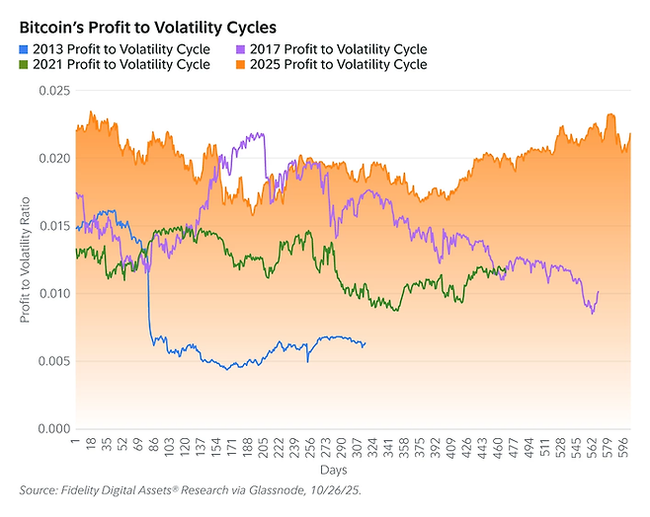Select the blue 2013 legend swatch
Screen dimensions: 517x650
coord(25,49)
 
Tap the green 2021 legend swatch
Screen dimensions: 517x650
coord(25,65)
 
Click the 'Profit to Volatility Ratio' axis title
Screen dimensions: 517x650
coord(25,259)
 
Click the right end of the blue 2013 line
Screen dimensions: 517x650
coord(365,342)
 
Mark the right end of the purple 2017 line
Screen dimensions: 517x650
coord(599,292)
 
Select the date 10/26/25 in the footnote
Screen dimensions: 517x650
coord(336,490)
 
